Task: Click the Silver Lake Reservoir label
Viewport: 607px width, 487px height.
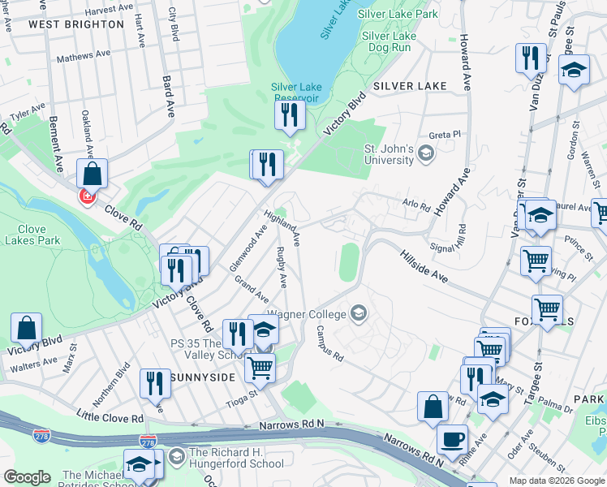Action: pyautogui.click(x=296, y=93)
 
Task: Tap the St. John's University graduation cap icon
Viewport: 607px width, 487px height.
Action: pyautogui.click(x=426, y=153)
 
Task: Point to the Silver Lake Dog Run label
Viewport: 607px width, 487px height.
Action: pyautogui.click(x=389, y=41)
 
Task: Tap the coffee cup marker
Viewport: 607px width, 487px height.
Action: pyautogui.click(x=452, y=440)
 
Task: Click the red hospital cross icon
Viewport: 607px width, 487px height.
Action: pyautogui.click(x=87, y=196)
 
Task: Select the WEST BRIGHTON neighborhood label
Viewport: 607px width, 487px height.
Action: pyautogui.click(x=76, y=24)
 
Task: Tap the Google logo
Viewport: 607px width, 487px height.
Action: pyautogui.click(x=27, y=477)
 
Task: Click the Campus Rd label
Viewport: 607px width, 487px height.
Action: pyautogui.click(x=330, y=343)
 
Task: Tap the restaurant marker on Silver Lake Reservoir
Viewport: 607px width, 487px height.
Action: pyautogui.click(x=289, y=116)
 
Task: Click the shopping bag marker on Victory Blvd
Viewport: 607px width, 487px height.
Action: pyautogui.click(x=26, y=330)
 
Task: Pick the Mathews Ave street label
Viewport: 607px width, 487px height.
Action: pyautogui.click(x=84, y=56)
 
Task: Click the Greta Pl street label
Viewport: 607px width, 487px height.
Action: pyautogui.click(x=445, y=134)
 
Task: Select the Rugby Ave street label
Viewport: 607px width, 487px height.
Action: pyautogui.click(x=281, y=267)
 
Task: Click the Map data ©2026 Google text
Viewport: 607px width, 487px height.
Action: pyautogui.click(x=556, y=481)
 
